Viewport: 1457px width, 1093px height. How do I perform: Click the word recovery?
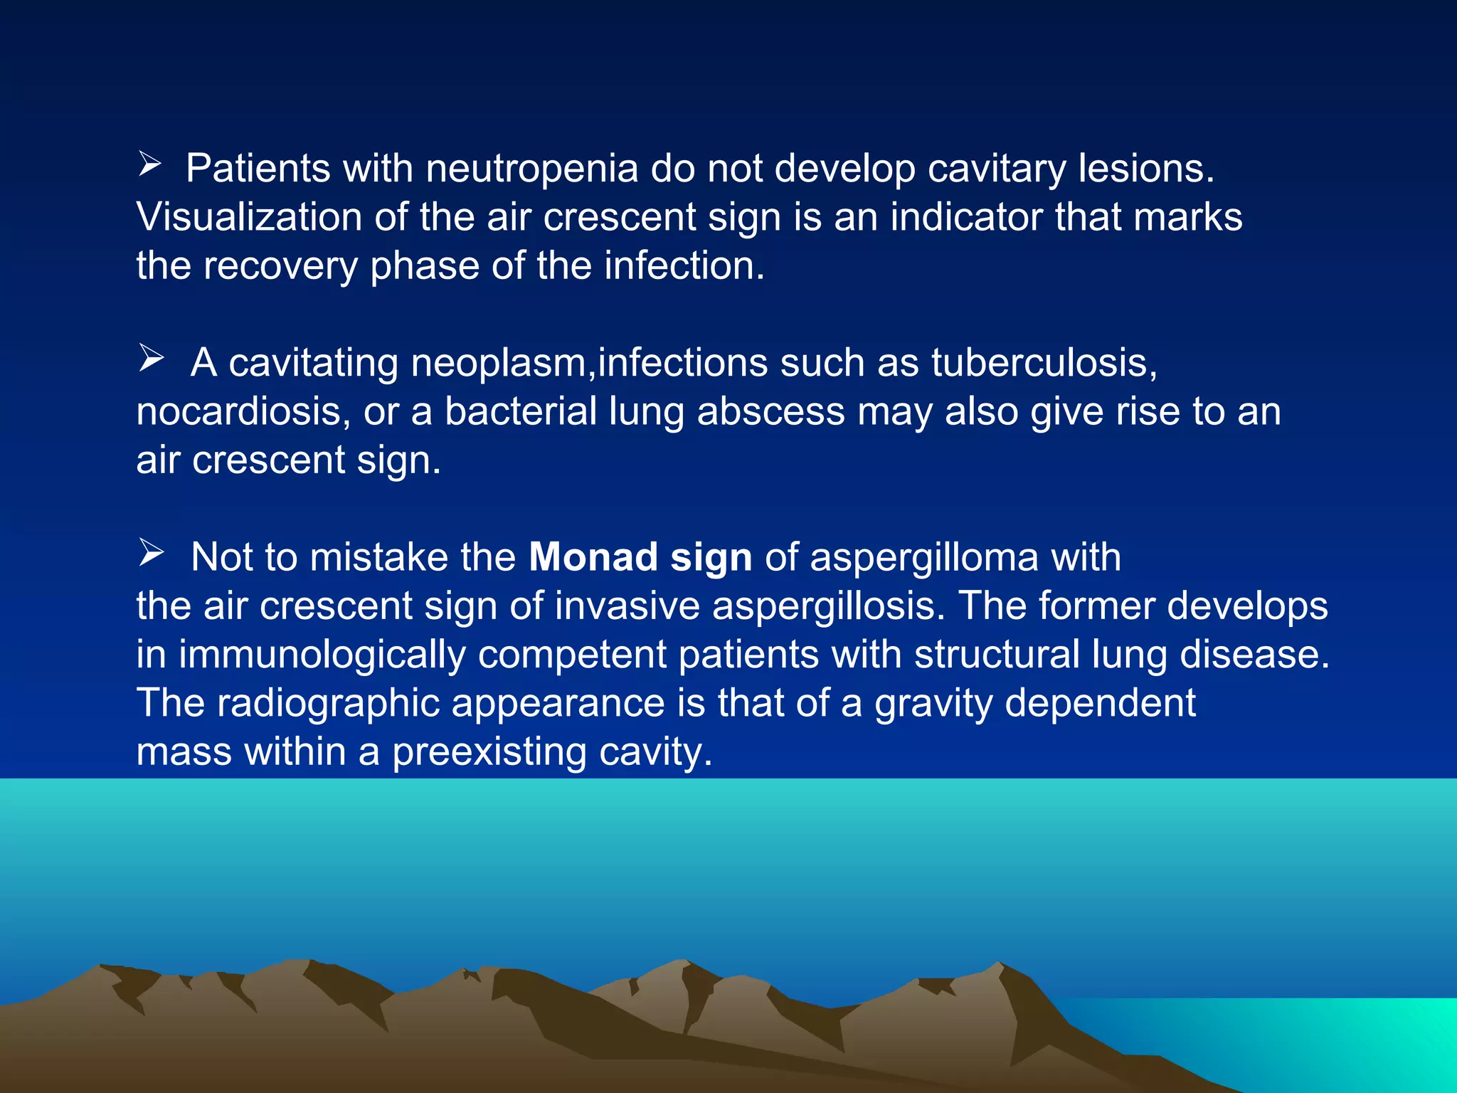[x=280, y=266]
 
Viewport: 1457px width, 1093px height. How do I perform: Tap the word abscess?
[x=770, y=412]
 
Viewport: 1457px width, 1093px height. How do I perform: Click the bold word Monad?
[x=593, y=557]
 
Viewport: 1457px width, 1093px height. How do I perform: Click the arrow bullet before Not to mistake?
[x=151, y=552]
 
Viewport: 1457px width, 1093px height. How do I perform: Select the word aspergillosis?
[x=828, y=606]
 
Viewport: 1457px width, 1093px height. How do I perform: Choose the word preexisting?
[x=489, y=752]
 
